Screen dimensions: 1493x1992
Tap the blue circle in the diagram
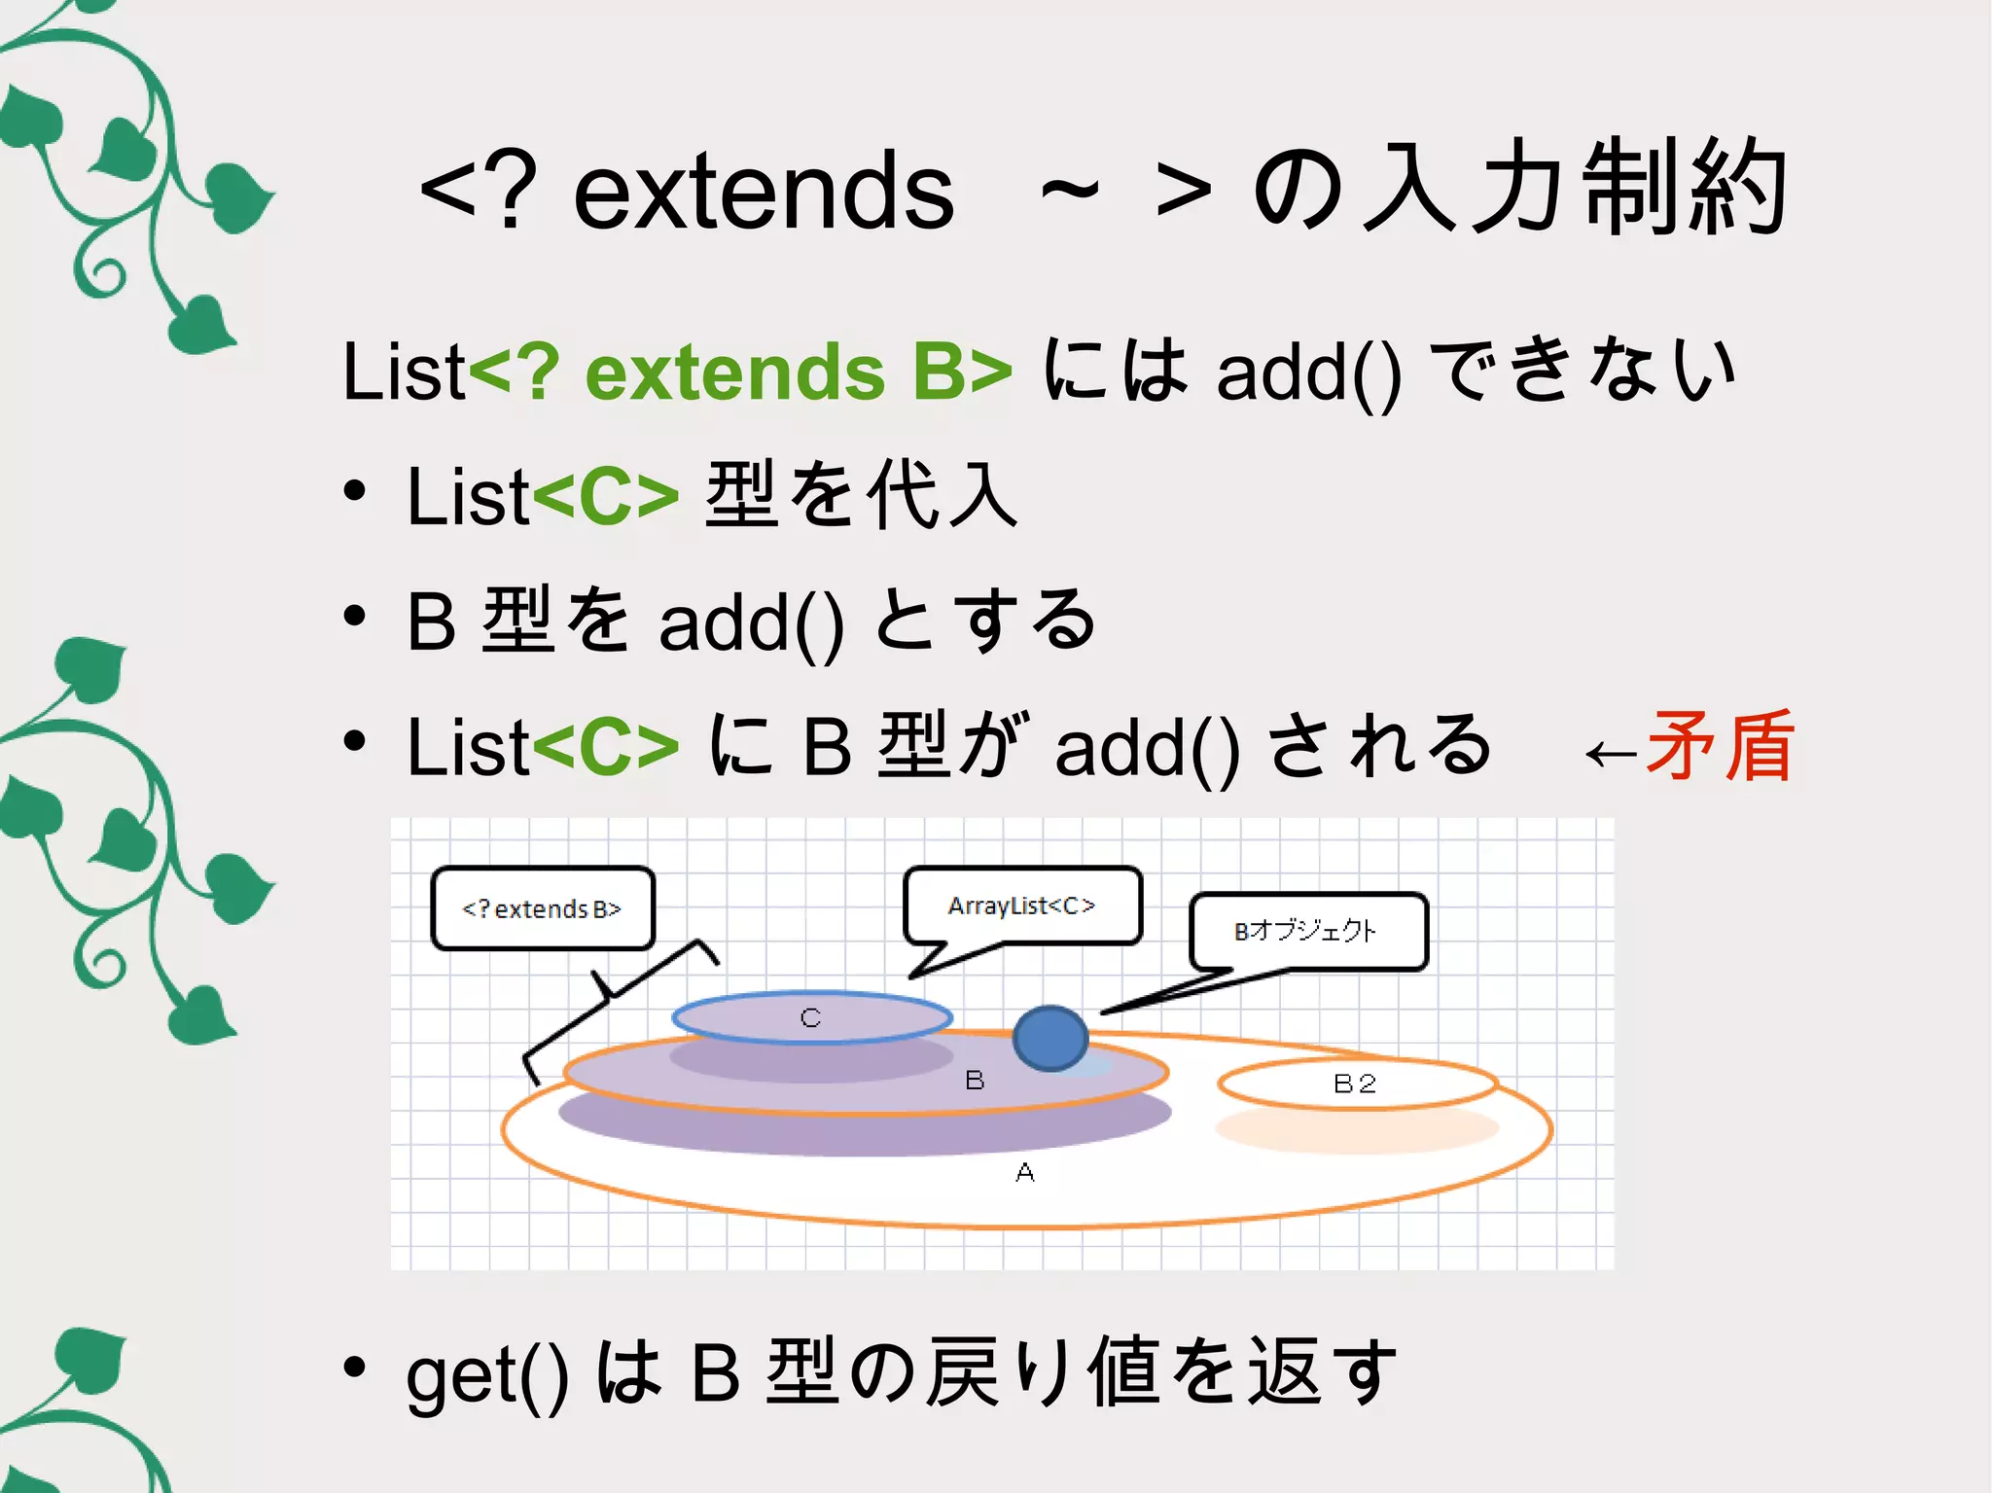[x=1050, y=1038]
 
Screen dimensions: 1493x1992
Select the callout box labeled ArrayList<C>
[x=1021, y=906]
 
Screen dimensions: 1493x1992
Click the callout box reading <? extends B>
[x=542, y=908]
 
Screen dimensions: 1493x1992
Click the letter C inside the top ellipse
[x=810, y=1017]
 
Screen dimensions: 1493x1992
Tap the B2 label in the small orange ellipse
[x=1354, y=1084]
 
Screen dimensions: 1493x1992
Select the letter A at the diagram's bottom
[x=1024, y=1173]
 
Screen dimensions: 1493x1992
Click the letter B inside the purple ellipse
[x=975, y=1080]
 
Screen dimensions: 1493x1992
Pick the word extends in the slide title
[x=764, y=193]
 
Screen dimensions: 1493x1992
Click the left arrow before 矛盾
[x=1611, y=754]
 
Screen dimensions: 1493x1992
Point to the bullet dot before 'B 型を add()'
[x=355, y=616]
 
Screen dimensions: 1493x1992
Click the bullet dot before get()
[x=355, y=1367]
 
